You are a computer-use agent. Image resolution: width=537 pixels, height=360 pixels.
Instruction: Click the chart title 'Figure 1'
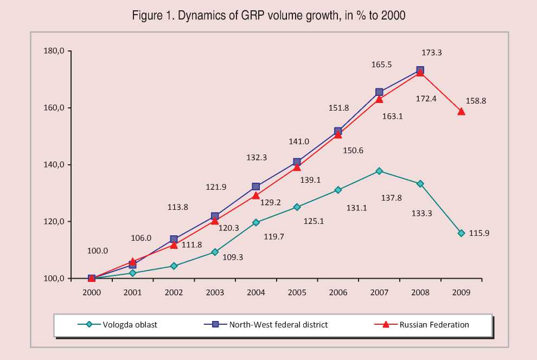tap(268, 16)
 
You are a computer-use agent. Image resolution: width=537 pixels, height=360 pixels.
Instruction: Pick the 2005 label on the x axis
tap(297, 292)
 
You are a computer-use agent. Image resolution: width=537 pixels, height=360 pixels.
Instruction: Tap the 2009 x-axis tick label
tap(461, 292)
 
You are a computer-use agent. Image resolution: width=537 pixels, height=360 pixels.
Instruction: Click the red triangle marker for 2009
tap(461, 111)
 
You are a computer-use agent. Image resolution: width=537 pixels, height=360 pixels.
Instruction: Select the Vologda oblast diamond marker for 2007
tap(379, 171)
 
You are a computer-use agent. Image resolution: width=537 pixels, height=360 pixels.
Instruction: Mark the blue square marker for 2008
tap(420, 70)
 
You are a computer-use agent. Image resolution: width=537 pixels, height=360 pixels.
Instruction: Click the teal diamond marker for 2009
tap(461, 233)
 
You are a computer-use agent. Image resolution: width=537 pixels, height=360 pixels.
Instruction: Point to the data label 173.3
tap(432, 53)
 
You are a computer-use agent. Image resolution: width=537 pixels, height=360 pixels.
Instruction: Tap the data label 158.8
tap(476, 101)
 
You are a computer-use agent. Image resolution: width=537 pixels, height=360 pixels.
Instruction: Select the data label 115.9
tap(479, 233)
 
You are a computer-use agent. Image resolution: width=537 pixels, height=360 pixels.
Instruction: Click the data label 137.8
tap(391, 198)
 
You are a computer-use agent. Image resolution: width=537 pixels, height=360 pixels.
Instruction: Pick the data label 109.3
tap(233, 258)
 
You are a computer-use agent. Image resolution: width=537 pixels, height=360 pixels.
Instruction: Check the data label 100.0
tap(98, 251)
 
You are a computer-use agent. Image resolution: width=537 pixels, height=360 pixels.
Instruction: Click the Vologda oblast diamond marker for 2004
tap(256, 222)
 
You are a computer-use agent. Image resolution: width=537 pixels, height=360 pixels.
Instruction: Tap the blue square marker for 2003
tap(215, 216)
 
